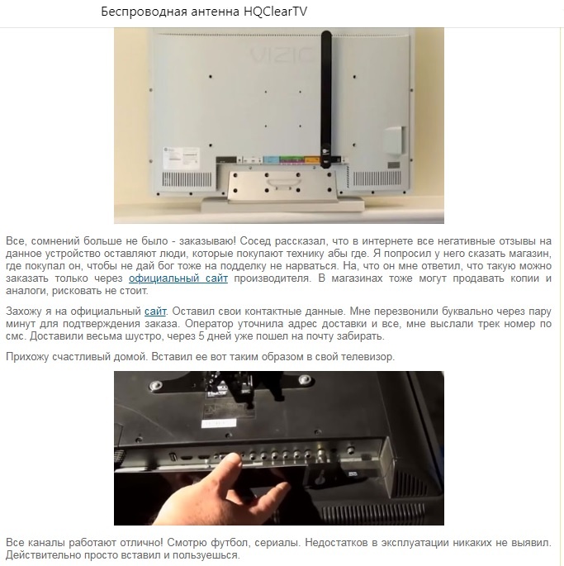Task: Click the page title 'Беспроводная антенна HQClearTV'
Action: [x=204, y=12]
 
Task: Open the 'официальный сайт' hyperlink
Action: [x=178, y=278]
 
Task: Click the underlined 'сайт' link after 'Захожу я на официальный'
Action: [x=155, y=312]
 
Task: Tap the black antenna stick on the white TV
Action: [x=326, y=99]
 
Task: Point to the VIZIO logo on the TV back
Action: [x=282, y=55]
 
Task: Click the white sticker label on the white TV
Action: [x=181, y=157]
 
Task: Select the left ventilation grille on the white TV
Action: [x=187, y=178]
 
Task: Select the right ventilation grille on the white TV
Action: [x=377, y=178]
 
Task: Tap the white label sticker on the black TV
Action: [x=218, y=423]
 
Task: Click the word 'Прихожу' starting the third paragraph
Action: [x=27, y=357]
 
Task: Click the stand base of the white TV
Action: [x=282, y=205]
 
